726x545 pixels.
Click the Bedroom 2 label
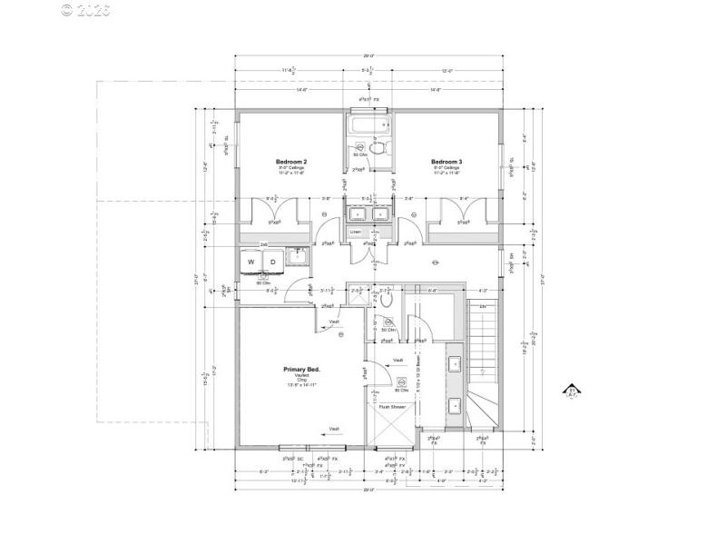tap(291, 162)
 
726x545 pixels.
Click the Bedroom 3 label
tap(446, 162)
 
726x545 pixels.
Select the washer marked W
tap(251, 263)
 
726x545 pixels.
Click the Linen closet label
tap(355, 232)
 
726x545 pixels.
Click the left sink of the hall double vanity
tap(356, 214)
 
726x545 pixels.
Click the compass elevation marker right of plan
tap(573, 391)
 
